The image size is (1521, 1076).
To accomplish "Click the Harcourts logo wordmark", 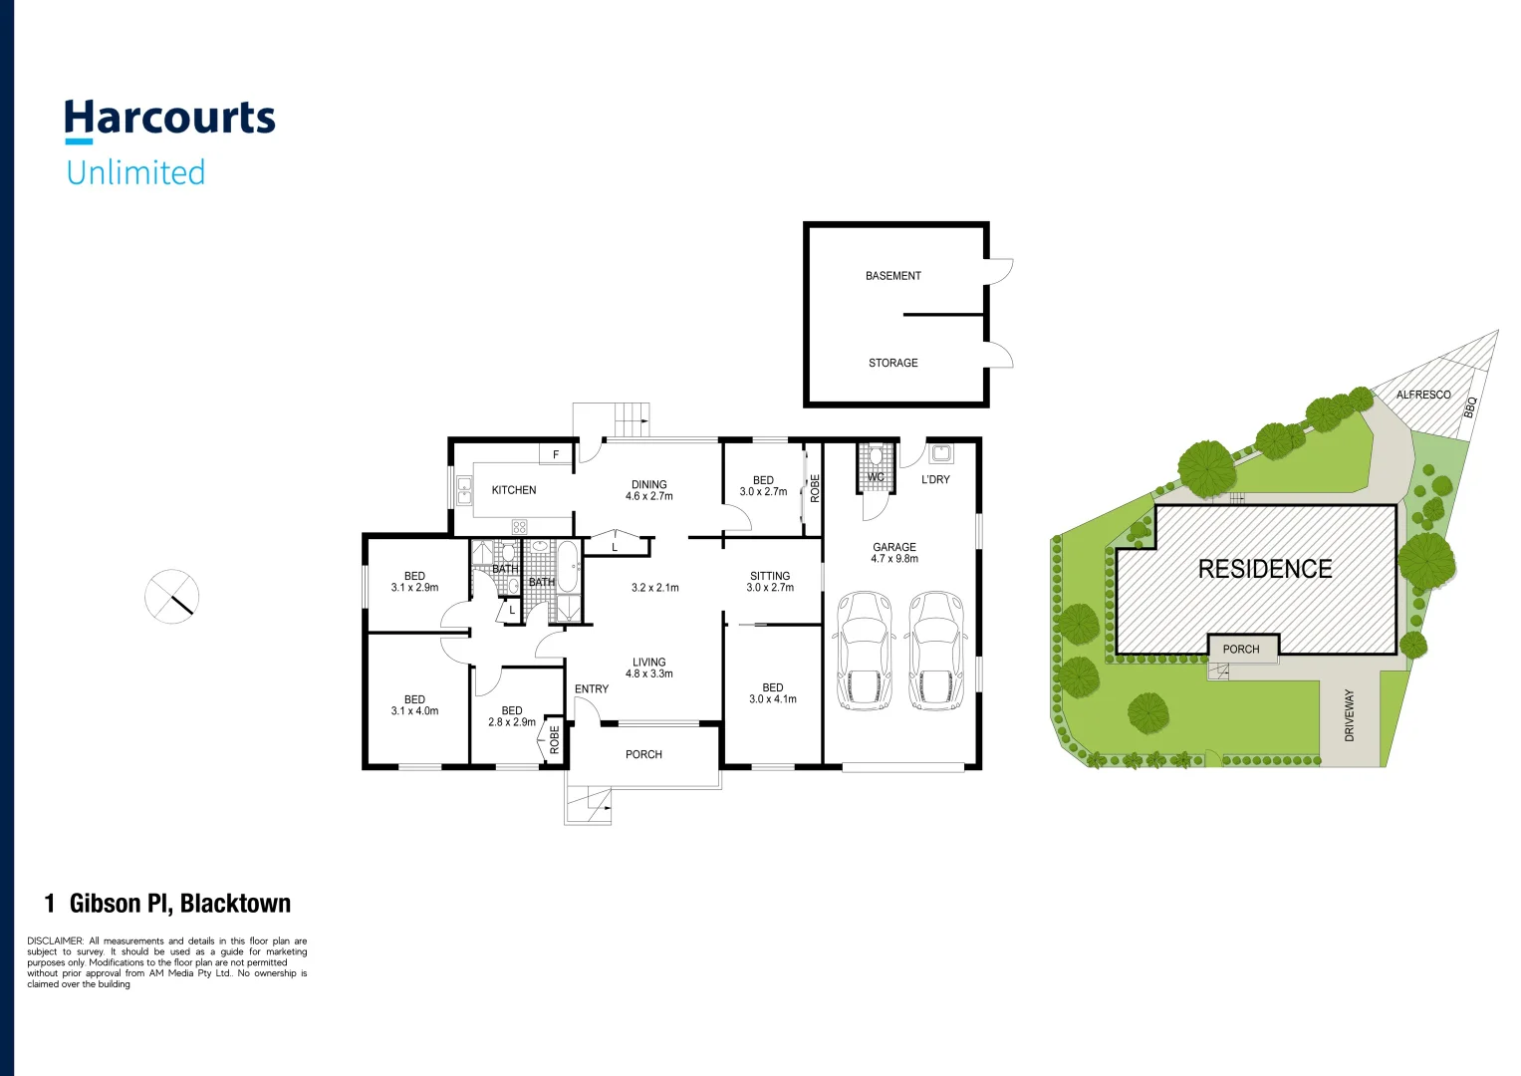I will [170, 119].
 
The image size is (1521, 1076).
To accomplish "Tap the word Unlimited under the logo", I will [136, 172].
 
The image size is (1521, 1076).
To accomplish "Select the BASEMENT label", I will [892, 276].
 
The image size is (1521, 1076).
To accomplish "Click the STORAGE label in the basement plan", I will [892, 363].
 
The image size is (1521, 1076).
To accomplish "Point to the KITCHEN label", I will [514, 490].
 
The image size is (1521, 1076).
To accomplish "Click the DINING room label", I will [648, 484].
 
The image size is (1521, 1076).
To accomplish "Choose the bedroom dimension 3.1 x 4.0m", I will [414, 711].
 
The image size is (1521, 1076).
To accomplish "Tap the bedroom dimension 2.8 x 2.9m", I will [512, 722].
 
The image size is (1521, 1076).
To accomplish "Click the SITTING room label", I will [770, 576].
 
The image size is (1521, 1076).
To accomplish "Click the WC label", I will [876, 477].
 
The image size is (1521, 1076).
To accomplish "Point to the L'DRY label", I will [935, 479].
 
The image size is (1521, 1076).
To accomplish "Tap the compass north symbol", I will [172, 597].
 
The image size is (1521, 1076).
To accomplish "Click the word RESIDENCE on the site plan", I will [1265, 569].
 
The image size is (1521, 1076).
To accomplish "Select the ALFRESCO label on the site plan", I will [1422, 395].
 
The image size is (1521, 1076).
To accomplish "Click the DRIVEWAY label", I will [1350, 715].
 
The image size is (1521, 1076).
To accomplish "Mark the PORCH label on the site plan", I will [1241, 649].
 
